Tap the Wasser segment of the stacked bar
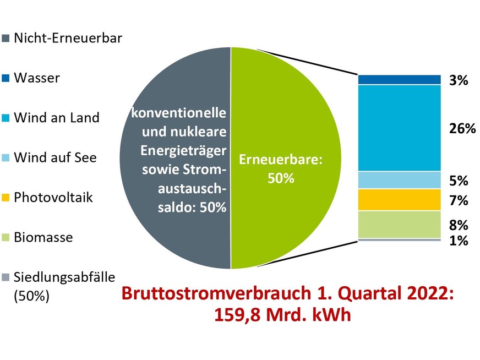[400, 80]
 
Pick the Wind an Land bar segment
[400, 128]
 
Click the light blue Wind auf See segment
[400, 180]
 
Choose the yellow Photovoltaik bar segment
[400, 200]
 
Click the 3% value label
[457, 81]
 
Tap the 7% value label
[457, 201]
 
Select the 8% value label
[457, 225]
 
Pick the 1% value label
[457, 241]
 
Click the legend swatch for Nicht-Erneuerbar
[7, 39]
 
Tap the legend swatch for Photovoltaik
[7, 198]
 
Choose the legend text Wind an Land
[57, 118]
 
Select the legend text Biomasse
[44, 238]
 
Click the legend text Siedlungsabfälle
[61, 277]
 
